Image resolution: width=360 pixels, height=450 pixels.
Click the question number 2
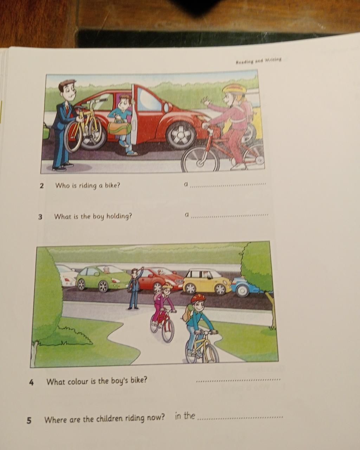click(42, 186)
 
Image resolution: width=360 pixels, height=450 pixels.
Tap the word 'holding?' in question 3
click(119, 216)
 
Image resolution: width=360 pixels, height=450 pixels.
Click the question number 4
click(31, 382)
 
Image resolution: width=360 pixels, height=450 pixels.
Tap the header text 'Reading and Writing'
click(258, 61)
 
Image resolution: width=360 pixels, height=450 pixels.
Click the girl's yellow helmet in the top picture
click(234, 89)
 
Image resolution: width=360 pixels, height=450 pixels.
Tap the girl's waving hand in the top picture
click(205, 102)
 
